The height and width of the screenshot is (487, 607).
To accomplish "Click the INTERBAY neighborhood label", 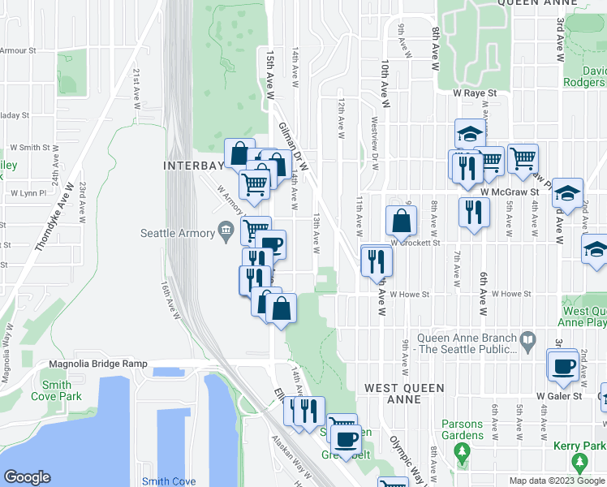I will pos(193,166).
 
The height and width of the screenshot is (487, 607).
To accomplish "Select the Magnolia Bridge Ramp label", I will pos(98,364).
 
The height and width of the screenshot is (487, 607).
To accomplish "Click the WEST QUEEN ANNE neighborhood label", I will pos(404,394).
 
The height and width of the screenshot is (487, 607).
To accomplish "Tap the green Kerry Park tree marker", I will pos(579,462).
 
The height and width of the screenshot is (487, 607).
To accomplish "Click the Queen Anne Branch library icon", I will pos(527,338).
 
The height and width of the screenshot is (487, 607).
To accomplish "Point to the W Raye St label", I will pos(474,94).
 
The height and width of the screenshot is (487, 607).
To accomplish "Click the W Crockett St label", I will pos(414,242).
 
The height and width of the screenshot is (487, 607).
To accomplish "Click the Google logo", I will pos(28,477).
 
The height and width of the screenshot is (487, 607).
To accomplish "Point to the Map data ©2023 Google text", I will pos(556,481).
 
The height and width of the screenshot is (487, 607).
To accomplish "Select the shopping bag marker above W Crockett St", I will pos(402,220).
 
